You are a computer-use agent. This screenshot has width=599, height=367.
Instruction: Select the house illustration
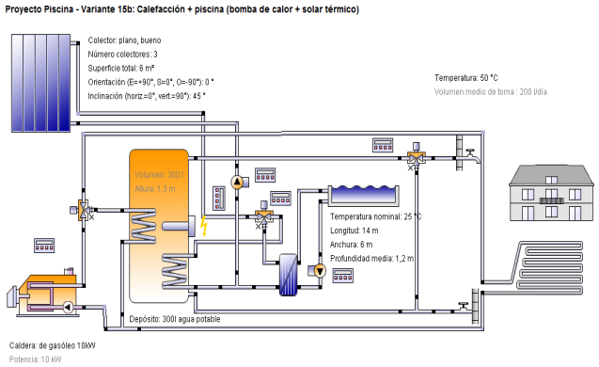coord(553,193)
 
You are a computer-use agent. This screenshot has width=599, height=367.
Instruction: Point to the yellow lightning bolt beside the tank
coord(203,226)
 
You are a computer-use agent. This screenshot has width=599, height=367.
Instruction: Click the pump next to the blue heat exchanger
coord(319,272)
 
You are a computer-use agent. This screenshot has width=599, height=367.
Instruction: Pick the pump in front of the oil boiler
coord(68,307)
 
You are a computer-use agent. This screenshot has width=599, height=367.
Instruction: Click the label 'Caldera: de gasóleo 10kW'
coord(52,344)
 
